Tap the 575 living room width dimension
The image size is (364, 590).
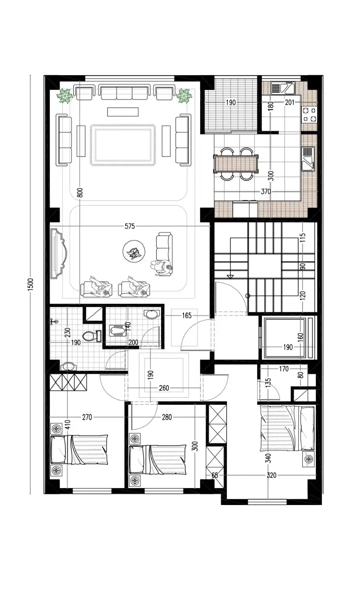[130, 226]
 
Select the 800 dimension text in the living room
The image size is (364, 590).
[80, 193]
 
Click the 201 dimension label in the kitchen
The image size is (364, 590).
[290, 102]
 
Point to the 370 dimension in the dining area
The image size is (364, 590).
[266, 192]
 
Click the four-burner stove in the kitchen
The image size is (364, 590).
[309, 114]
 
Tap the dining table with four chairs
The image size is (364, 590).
[236, 164]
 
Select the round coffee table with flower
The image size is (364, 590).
[134, 251]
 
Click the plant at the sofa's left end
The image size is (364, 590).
[65, 96]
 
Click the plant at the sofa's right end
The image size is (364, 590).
[184, 96]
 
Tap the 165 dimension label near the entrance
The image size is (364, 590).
[187, 315]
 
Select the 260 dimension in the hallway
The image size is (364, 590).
[164, 388]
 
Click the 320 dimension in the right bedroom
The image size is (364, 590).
[271, 475]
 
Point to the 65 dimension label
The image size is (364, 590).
[215, 475]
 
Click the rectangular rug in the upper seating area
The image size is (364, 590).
[123, 144]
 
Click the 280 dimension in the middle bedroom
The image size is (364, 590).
[167, 417]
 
